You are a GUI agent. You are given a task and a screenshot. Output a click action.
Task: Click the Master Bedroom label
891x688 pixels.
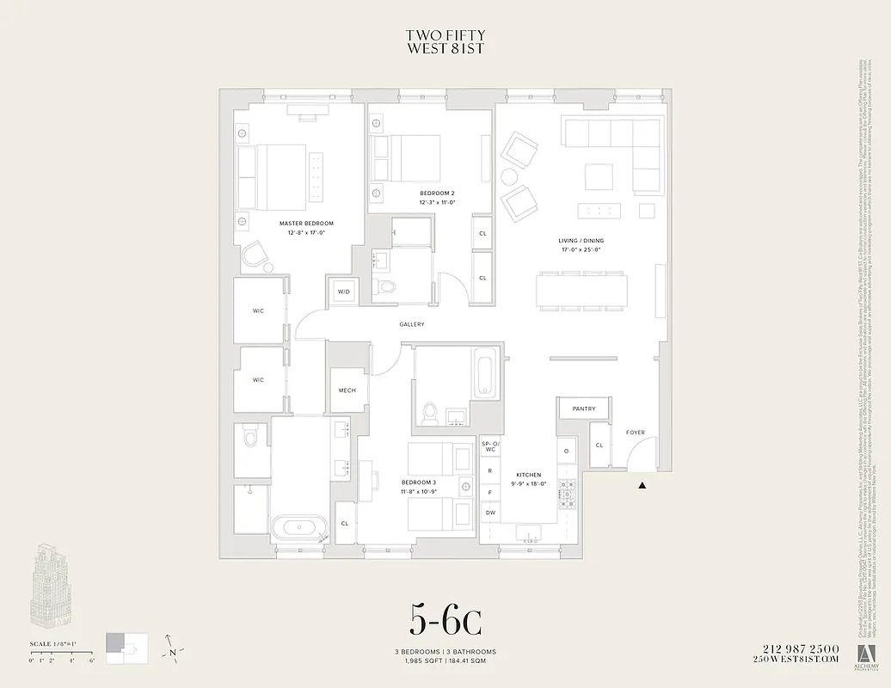(x=306, y=223)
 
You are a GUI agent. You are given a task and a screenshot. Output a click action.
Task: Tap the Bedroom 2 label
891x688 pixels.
(x=437, y=192)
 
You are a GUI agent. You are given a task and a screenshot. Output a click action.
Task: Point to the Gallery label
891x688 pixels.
(x=411, y=324)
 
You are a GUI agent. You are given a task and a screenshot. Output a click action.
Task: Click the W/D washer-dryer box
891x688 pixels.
(x=343, y=292)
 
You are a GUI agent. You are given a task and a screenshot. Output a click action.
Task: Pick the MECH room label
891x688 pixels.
(x=347, y=390)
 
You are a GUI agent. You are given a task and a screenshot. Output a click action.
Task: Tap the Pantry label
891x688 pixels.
(x=584, y=408)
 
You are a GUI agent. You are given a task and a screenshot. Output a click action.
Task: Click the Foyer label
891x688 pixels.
(x=635, y=433)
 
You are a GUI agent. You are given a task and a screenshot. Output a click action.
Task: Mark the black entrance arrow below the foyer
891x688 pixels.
(x=642, y=487)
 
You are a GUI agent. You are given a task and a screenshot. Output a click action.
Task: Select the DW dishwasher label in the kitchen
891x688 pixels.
(x=489, y=513)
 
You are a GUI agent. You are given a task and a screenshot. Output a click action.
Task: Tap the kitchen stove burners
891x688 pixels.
(x=568, y=491)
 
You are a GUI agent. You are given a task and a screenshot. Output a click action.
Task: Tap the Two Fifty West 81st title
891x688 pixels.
(x=445, y=42)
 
